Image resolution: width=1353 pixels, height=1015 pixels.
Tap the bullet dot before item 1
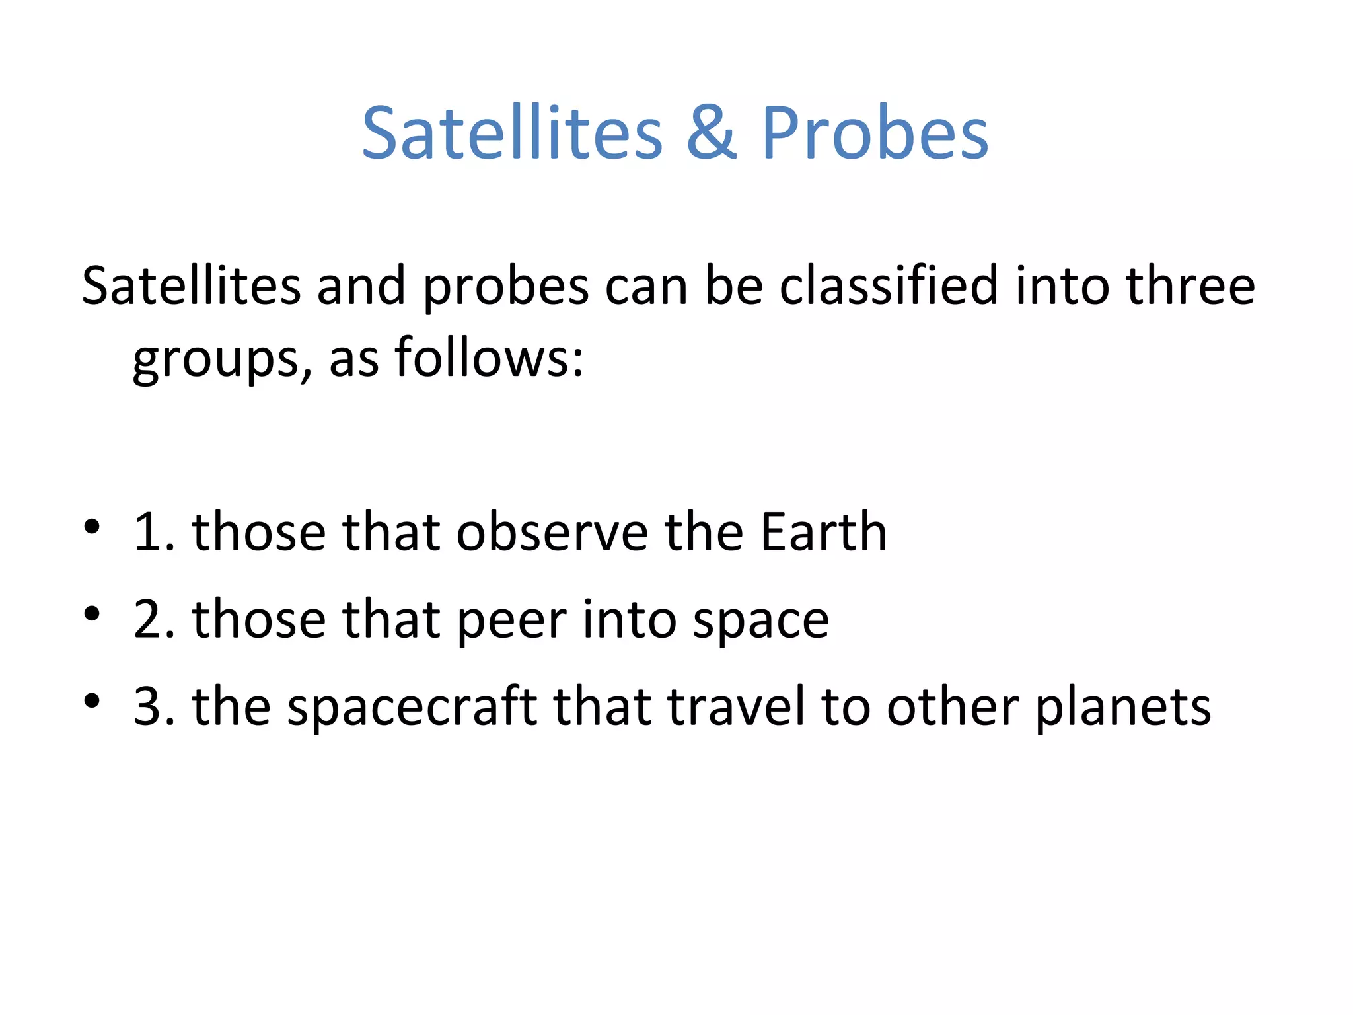(x=92, y=527)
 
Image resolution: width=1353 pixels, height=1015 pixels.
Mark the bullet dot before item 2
(x=92, y=614)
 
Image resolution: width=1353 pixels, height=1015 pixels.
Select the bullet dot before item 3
(x=92, y=700)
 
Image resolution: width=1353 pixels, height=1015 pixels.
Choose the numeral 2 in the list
(x=150, y=620)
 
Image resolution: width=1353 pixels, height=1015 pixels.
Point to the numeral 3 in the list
(x=150, y=707)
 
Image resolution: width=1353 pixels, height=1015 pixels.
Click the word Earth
(x=823, y=532)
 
